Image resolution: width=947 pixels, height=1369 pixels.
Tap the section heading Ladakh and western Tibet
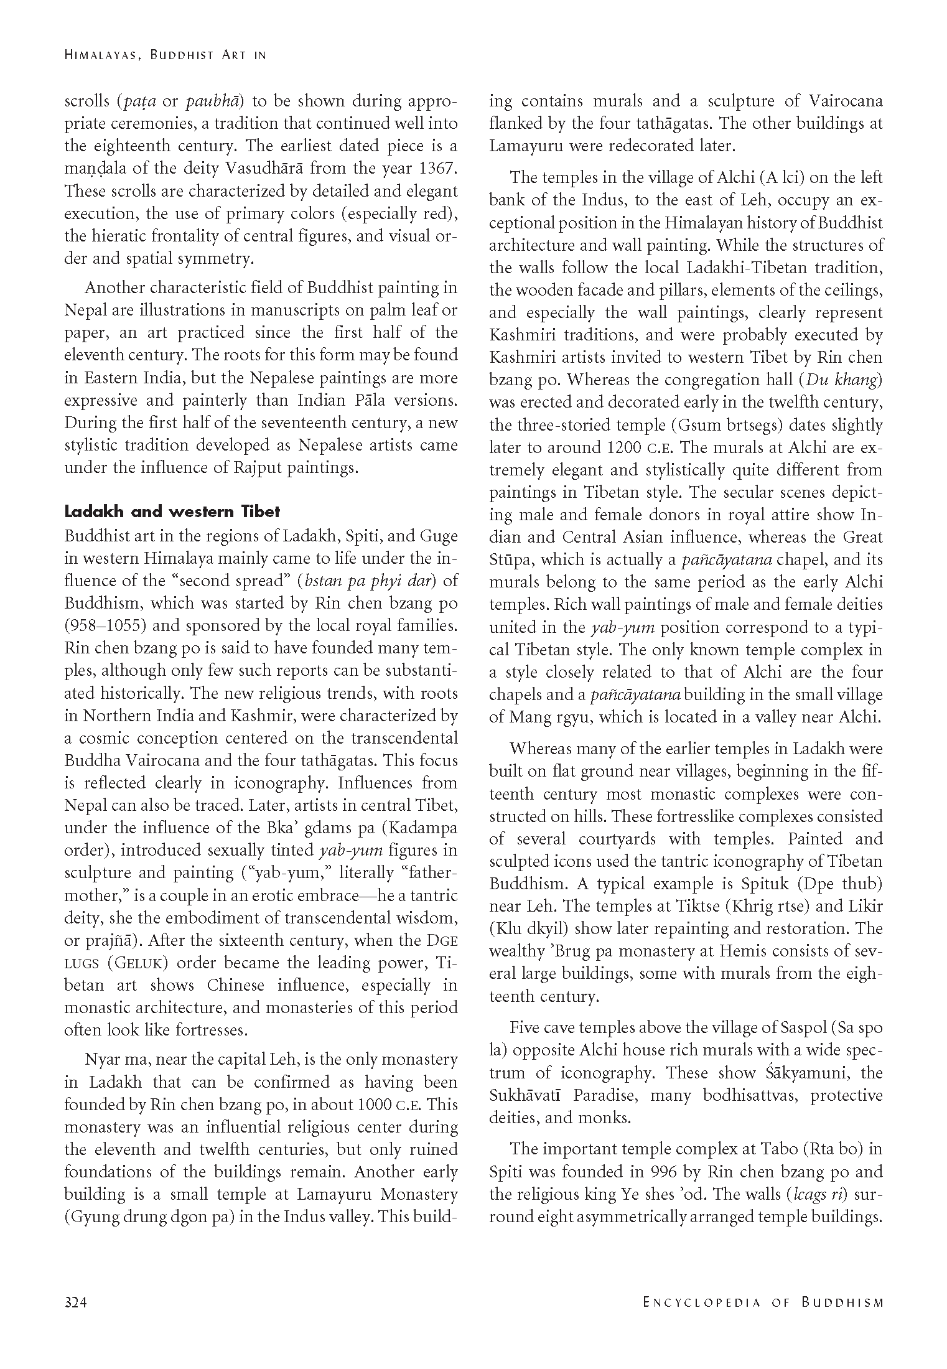point(172,512)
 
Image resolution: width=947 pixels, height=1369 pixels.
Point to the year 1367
point(436,168)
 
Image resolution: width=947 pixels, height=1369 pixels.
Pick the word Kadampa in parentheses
point(426,828)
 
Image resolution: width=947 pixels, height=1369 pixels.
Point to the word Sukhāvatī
point(526,1095)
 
